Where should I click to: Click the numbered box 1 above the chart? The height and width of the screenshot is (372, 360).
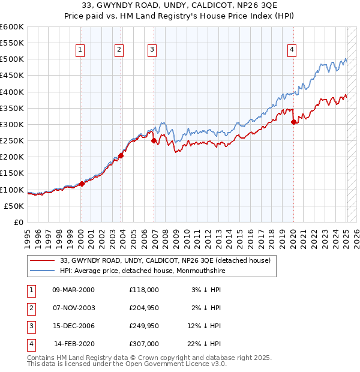point(80,50)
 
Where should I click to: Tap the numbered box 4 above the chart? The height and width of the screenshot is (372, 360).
point(292,50)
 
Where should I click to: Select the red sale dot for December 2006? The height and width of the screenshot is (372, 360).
point(154,141)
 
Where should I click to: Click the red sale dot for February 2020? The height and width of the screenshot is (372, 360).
point(293,122)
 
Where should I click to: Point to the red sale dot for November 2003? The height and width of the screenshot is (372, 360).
point(121,155)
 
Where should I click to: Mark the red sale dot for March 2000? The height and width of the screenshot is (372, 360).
point(82,184)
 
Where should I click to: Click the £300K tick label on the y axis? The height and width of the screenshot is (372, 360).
point(12,124)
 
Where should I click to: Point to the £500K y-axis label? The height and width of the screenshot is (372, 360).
point(12,59)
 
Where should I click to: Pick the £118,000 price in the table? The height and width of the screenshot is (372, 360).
point(144,290)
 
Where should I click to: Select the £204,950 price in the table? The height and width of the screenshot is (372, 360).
point(144,308)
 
